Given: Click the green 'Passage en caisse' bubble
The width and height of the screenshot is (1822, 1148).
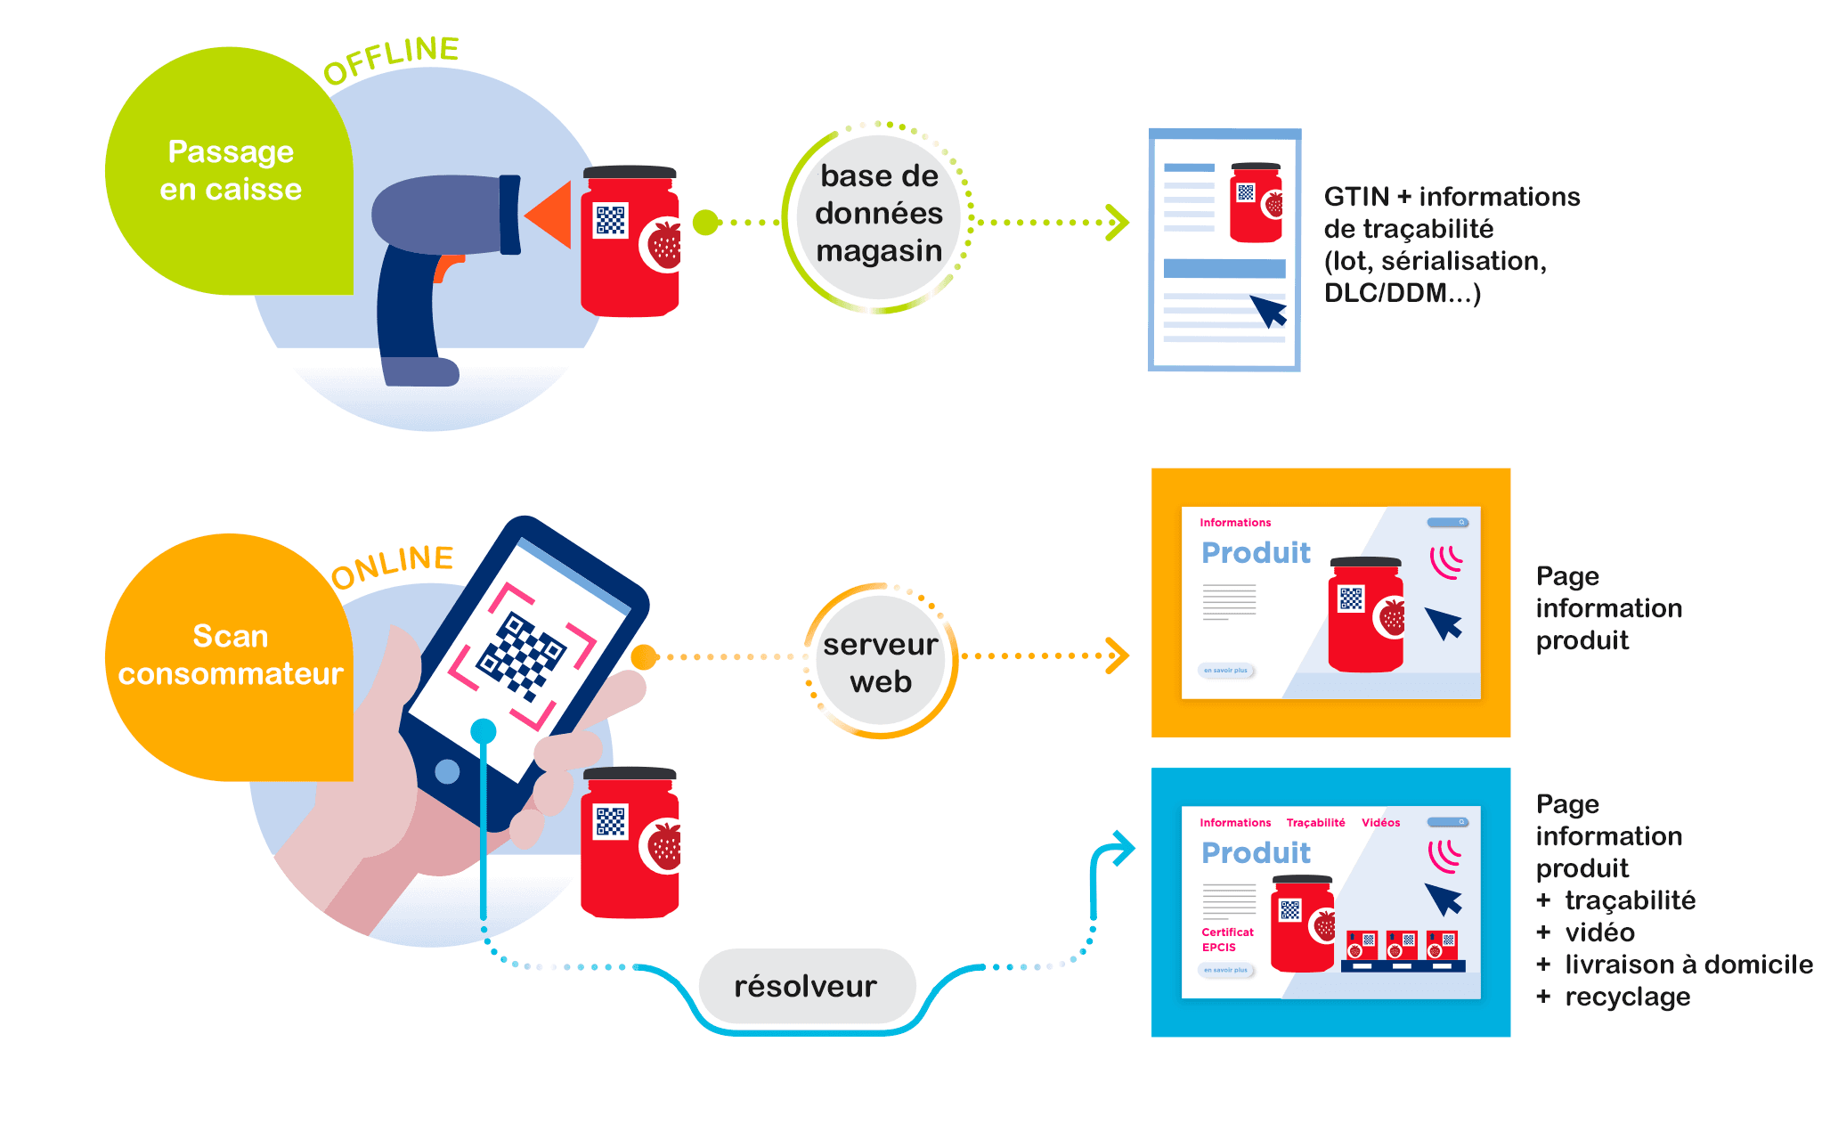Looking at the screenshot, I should (230, 171).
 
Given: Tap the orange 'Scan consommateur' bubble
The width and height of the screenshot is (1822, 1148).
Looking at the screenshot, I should (230, 655).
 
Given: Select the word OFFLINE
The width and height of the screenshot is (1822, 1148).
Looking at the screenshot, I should (391, 60).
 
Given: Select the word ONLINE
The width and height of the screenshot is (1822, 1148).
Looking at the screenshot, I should (392, 566).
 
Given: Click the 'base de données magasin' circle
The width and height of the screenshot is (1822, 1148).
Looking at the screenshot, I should (878, 215).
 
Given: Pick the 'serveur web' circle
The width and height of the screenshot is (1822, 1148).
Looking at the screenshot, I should (880, 663).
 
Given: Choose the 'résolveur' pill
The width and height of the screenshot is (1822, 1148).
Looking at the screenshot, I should (806, 986).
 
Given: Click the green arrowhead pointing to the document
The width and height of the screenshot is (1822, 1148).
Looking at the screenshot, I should (1116, 223).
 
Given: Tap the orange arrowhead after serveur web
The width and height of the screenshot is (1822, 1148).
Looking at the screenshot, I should (1116, 655).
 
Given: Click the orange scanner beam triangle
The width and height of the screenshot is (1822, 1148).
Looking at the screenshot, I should (550, 215).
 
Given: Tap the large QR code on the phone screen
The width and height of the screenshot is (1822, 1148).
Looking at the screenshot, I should (522, 655).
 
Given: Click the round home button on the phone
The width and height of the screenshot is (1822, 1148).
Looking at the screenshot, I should (447, 771).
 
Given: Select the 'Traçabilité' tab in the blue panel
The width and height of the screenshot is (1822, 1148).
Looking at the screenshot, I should (1315, 823).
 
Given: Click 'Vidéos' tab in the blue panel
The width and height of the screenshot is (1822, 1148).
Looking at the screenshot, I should (1380, 823).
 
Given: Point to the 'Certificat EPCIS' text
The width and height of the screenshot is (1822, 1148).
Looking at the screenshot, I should (1226, 940).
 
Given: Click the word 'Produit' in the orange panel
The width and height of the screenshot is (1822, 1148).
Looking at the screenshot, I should (1256, 553).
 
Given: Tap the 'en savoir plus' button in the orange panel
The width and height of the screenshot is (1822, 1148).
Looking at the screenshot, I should (1225, 671).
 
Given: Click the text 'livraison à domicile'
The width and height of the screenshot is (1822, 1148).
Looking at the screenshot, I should (1688, 965).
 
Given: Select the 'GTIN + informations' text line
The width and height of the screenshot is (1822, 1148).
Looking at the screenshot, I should (1452, 197).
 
